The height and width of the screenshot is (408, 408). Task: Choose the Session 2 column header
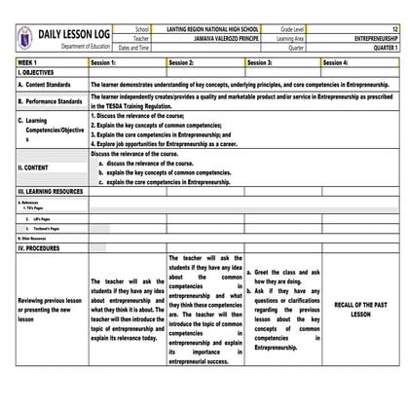182,61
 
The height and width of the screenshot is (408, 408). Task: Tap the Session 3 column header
261,61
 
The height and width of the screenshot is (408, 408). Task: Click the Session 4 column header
336,61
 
